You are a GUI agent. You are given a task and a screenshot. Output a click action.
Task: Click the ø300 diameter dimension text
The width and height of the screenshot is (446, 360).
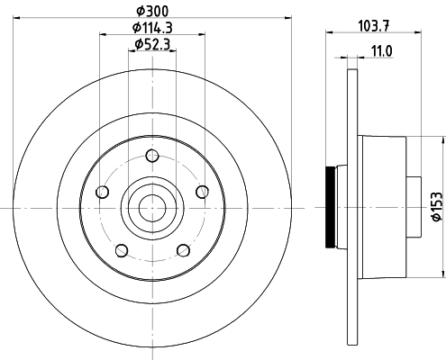click(x=151, y=9)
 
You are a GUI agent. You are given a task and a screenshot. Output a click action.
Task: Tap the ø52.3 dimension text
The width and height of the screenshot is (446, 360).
click(x=151, y=45)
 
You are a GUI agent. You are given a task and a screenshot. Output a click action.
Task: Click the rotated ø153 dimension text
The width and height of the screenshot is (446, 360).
click(x=436, y=206)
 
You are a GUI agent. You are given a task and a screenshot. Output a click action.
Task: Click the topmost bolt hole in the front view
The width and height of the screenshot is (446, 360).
click(x=151, y=157)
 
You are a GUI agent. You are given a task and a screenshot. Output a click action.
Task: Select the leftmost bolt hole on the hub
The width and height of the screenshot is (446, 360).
click(x=102, y=193)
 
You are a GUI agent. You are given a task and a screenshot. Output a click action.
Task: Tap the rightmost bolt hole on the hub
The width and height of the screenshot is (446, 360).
click(x=201, y=192)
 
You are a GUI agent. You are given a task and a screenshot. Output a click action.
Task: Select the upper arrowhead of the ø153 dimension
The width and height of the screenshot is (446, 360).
click(x=441, y=140)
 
